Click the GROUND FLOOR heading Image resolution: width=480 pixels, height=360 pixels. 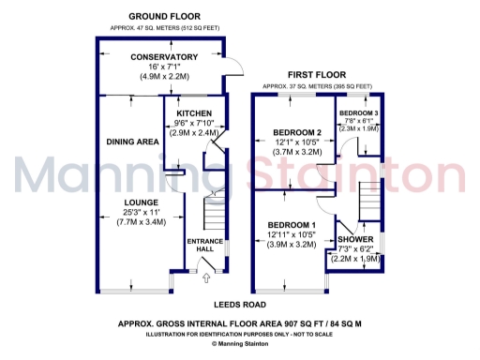pos(164,17)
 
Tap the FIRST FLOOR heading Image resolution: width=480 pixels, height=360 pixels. pos(316,73)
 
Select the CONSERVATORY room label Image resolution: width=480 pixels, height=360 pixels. pos(164,57)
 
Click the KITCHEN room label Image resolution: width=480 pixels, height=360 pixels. pos(195,112)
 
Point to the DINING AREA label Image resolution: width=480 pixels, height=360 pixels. pos(132,142)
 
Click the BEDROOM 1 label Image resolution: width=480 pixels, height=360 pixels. pos(292,225)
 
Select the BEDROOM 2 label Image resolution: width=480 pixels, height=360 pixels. pos(298,132)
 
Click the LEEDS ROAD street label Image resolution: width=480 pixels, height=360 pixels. pos(240,305)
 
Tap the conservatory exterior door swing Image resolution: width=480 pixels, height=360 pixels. pos(233,67)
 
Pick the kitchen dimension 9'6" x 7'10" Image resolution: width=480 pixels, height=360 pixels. pos(195,123)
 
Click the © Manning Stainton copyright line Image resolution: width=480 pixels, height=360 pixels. pos(240,343)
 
